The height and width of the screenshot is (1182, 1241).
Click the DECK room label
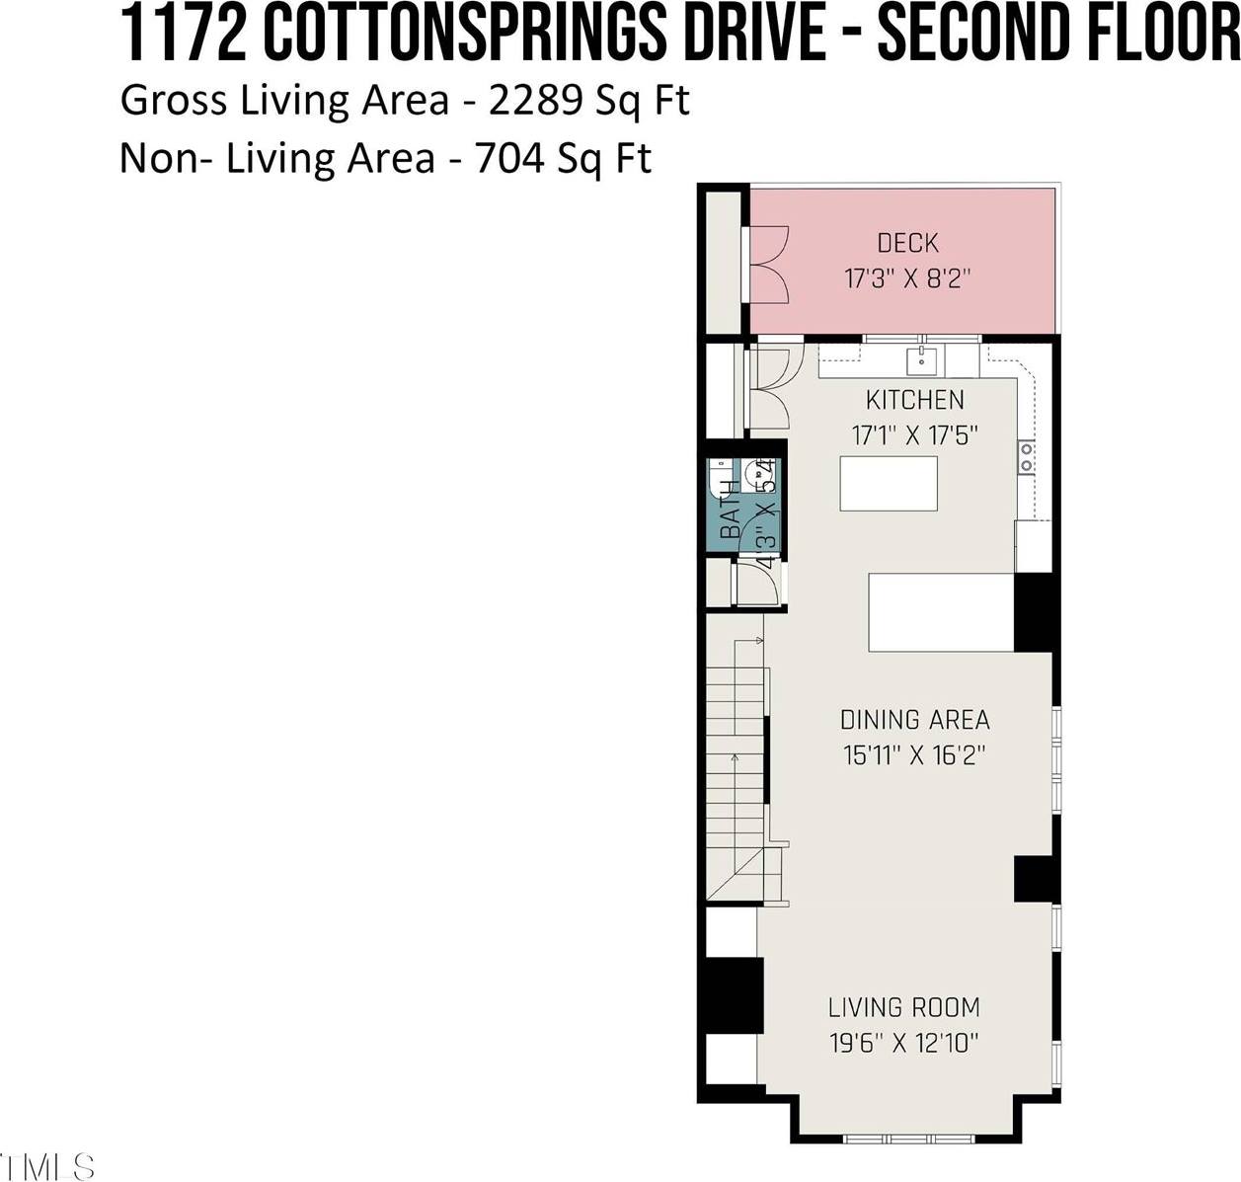[907, 242]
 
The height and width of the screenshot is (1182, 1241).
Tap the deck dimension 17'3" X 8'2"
[907, 278]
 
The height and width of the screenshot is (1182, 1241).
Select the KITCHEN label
[914, 400]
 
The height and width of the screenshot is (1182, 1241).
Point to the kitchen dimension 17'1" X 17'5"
[914, 434]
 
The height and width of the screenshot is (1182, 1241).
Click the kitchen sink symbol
[922, 357]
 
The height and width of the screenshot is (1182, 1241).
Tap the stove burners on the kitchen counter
[1027, 456]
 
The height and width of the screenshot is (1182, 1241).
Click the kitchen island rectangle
[888, 483]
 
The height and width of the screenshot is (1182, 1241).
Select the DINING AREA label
[914, 720]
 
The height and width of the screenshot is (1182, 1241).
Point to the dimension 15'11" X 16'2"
[914, 755]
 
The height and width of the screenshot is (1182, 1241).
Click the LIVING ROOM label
[903, 1007]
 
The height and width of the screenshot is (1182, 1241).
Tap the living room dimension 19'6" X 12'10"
[903, 1043]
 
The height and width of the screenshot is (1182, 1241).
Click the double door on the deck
[769, 264]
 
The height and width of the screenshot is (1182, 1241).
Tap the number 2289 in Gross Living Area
[537, 101]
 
